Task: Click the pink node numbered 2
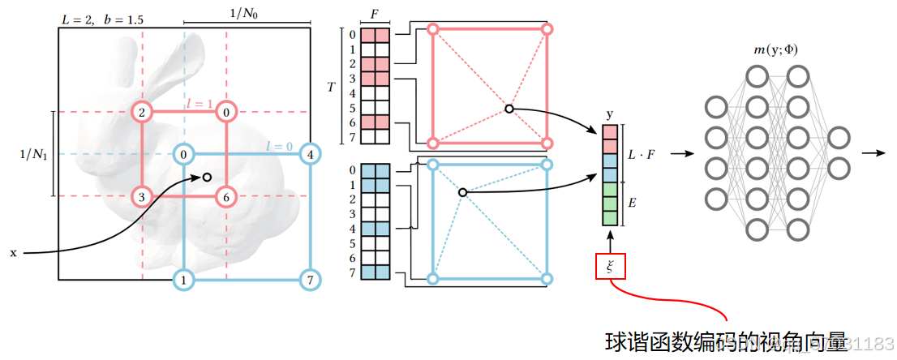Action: (143, 112)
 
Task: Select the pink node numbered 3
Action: (143, 196)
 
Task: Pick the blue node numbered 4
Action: (310, 153)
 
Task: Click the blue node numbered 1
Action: (185, 281)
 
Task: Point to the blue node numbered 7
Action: (310, 281)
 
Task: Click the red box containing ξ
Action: (610, 265)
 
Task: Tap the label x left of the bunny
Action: (13, 253)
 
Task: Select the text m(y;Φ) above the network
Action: (775, 50)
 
